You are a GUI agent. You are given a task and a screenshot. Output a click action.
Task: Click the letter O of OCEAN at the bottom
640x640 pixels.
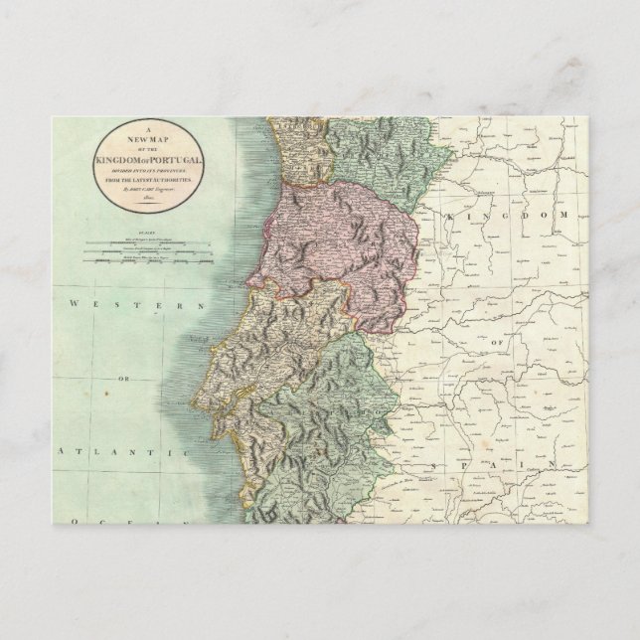62,522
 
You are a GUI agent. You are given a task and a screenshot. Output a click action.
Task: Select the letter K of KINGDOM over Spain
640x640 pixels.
451,216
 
